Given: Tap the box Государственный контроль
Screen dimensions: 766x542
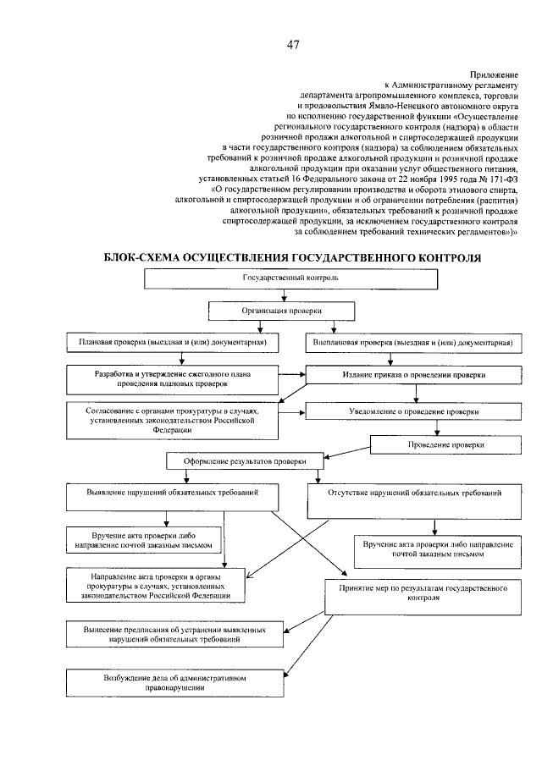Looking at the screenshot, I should click(x=291, y=278).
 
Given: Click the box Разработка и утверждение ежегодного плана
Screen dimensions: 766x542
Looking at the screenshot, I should click(x=173, y=378).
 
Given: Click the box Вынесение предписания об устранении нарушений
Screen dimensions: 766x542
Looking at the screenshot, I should click(x=173, y=636).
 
